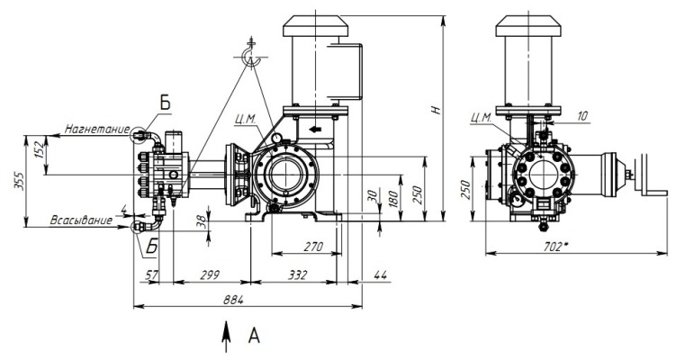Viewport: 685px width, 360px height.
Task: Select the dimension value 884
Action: (x=233, y=300)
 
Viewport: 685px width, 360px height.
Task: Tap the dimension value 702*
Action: (x=555, y=247)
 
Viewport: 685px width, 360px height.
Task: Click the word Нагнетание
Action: (x=97, y=129)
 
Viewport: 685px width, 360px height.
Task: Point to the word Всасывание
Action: (x=81, y=220)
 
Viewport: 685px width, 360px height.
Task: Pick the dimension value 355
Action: (x=19, y=180)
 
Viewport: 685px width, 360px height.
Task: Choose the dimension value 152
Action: (x=40, y=150)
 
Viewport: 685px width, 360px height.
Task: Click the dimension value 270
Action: (x=313, y=247)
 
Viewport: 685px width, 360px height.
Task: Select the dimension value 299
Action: (x=210, y=275)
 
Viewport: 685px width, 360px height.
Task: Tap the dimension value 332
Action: (x=297, y=275)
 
